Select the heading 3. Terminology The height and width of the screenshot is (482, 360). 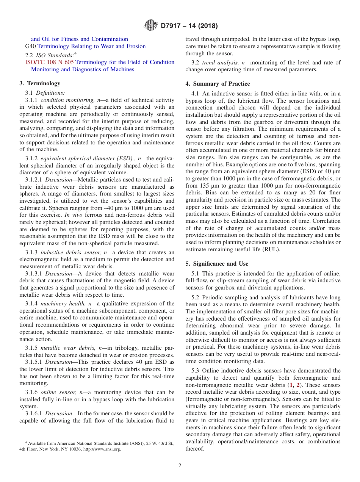[40, 83]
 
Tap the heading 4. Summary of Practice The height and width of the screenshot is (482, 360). [218, 84]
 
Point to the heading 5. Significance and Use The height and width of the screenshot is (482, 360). [217, 264]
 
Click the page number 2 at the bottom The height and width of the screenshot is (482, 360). [180, 466]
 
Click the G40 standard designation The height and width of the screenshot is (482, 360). [30, 46]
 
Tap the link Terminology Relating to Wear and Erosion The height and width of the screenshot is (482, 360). [91, 46]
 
